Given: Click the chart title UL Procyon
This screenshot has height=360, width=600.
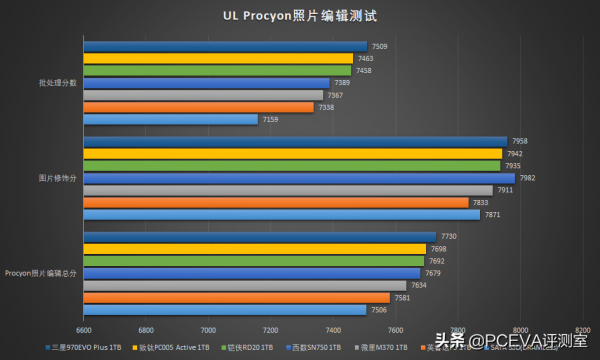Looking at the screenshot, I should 300,16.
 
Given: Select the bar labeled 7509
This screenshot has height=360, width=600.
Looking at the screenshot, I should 225,46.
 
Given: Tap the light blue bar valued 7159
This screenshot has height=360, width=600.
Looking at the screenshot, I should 170,119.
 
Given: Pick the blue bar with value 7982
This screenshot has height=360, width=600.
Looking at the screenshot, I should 299,178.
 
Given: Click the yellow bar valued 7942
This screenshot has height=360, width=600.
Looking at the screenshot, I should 292,153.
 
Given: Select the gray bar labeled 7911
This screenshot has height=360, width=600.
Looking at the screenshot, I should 288,190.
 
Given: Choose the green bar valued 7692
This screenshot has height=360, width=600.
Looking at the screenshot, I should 254,261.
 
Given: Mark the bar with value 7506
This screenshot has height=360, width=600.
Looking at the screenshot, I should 225,309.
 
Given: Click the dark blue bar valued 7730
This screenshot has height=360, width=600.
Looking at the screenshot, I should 260,237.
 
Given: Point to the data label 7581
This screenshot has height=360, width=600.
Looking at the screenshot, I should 402,297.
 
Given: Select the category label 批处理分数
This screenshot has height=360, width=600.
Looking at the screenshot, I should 57,83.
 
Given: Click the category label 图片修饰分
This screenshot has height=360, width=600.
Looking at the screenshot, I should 57,178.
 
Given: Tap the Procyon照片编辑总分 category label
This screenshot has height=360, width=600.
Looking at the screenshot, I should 41,273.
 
